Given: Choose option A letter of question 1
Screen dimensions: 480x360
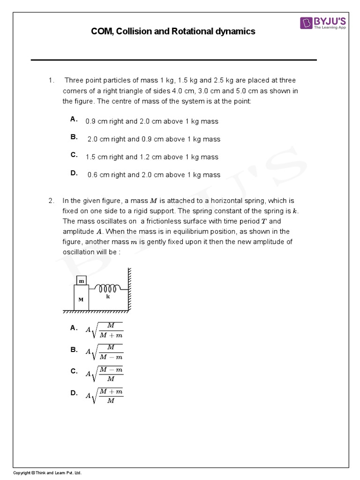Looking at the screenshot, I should point(74,119).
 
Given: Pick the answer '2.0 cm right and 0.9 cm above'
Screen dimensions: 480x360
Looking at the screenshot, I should point(153,139).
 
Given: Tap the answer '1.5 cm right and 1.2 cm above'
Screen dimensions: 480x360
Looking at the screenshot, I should point(152,157).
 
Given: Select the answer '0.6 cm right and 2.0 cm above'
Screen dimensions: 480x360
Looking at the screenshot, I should point(153,175).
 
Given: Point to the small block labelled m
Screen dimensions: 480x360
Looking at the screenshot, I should point(82,280).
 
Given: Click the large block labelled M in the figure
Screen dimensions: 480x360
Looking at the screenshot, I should point(82,299).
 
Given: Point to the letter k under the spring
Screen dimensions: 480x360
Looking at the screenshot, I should point(108,297).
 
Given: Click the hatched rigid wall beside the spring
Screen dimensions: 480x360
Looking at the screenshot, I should point(129,289).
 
